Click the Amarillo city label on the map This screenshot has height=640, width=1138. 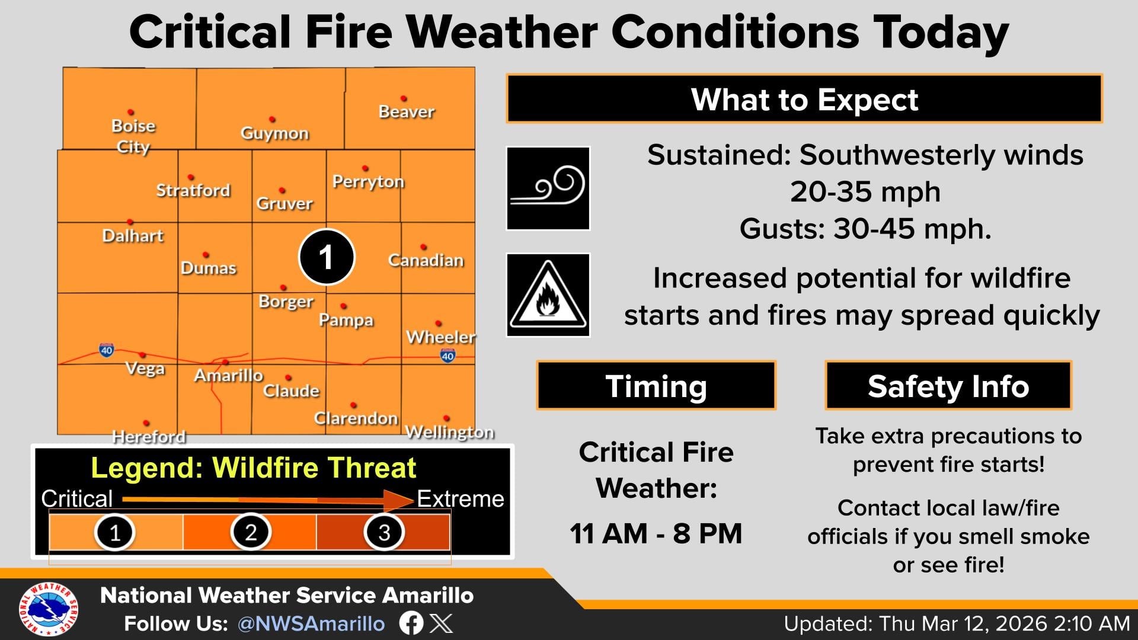click(229, 375)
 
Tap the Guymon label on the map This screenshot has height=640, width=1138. click(274, 133)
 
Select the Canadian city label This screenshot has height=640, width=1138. click(426, 260)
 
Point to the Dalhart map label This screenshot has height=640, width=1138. click(133, 236)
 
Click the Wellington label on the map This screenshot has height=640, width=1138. click(449, 432)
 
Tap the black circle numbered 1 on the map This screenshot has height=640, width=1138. click(327, 257)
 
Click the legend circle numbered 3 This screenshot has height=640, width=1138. click(384, 532)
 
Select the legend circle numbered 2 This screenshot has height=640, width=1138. click(251, 532)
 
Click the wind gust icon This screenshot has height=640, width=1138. click(548, 188)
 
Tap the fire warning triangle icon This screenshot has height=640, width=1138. click(548, 295)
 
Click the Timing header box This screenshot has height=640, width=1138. click(656, 386)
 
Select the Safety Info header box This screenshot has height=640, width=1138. click(948, 386)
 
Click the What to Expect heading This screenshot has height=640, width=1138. click(804, 99)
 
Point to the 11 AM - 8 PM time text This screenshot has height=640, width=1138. click(656, 533)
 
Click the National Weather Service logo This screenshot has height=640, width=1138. click(49, 609)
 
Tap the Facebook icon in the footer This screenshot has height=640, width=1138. click(411, 623)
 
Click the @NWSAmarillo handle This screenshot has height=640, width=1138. click(311, 623)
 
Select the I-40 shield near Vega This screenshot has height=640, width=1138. click(107, 350)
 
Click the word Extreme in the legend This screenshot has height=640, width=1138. click(461, 499)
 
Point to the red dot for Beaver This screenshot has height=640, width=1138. click(404, 98)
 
